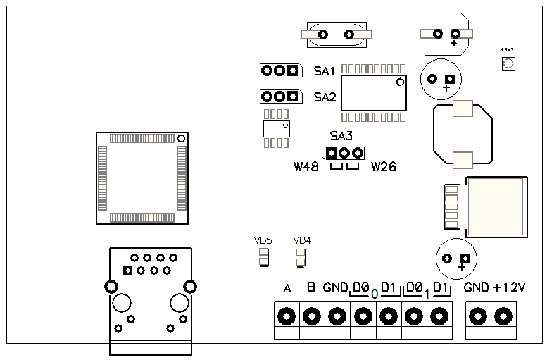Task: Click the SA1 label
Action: pyautogui.click(x=324, y=70)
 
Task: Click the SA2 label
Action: pyautogui.click(x=325, y=97)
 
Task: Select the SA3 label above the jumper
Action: pyautogui.click(x=341, y=136)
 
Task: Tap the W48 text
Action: pyautogui.click(x=306, y=167)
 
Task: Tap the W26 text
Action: pyautogui.click(x=383, y=167)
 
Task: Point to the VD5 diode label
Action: pyautogui.click(x=263, y=240)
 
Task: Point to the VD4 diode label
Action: pyautogui.click(x=302, y=240)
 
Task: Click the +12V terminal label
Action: pyautogui.click(x=510, y=287)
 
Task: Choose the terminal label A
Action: pyautogui.click(x=287, y=289)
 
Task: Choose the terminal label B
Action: pyautogui.click(x=310, y=288)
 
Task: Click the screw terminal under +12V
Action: pyautogui.click(x=503, y=316)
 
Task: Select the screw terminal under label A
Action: pyautogui.click(x=286, y=316)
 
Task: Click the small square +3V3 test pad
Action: pyautogui.click(x=507, y=64)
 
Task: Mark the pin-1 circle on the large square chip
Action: pyautogui.click(x=181, y=137)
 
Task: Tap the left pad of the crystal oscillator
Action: pyautogui.click(x=322, y=34)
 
